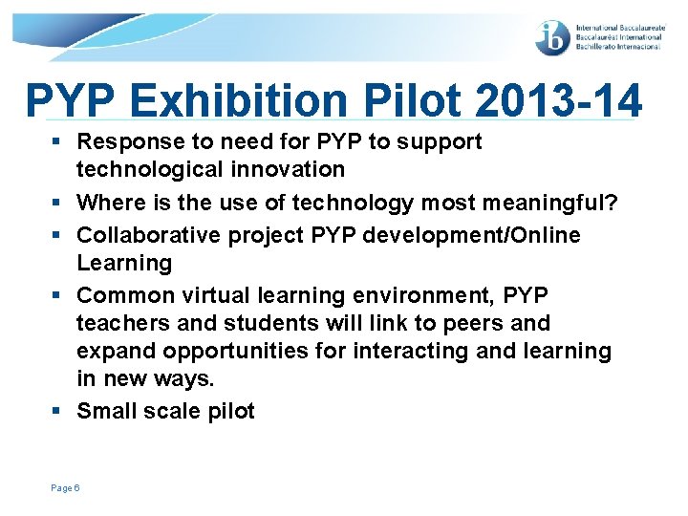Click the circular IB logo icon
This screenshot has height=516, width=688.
[x=553, y=37]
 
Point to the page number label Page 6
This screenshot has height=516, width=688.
[x=65, y=488]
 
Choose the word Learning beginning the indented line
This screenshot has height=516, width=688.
[x=124, y=263]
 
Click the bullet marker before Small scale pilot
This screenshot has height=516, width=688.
[x=59, y=412]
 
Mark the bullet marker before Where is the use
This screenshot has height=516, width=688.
[x=59, y=203]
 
